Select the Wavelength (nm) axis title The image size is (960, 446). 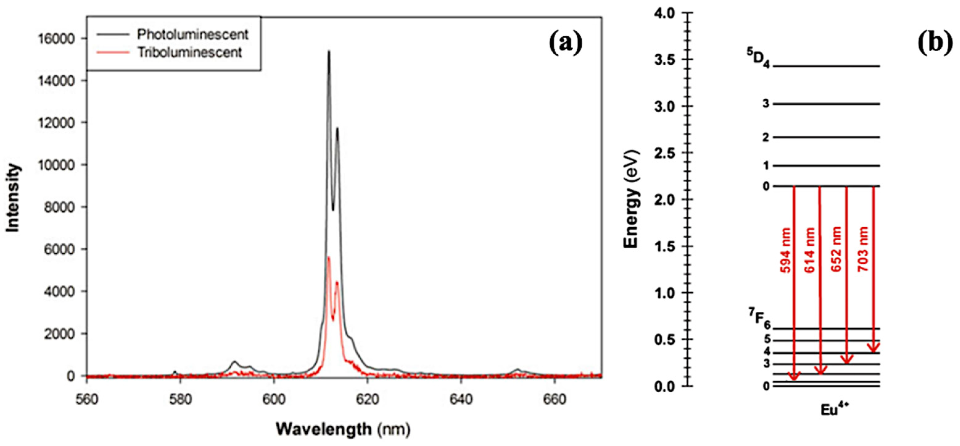343,429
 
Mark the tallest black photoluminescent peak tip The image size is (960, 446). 329,52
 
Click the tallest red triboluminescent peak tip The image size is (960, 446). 328,257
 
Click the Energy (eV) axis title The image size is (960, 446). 632,199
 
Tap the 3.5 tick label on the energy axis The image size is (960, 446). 665,60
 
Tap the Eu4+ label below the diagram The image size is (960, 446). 834,410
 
